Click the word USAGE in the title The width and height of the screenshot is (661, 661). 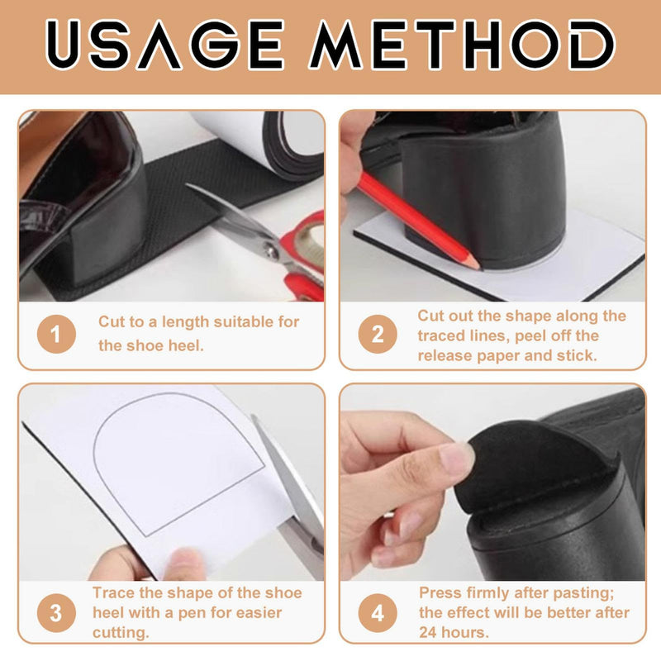[164, 45]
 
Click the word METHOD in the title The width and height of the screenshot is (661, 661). [462, 45]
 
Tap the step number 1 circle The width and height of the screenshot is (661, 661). [56, 334]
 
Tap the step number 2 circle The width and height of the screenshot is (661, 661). [378, 334]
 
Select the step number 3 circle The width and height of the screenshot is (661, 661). [56, 612]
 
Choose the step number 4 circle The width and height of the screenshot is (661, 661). [378, 612]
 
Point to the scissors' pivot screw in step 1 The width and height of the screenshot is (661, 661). [272, 252]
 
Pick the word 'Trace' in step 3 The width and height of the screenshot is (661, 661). [114, 593]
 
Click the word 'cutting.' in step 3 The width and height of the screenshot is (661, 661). [121, 633]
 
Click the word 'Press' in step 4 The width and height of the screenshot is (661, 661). [439, 593]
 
